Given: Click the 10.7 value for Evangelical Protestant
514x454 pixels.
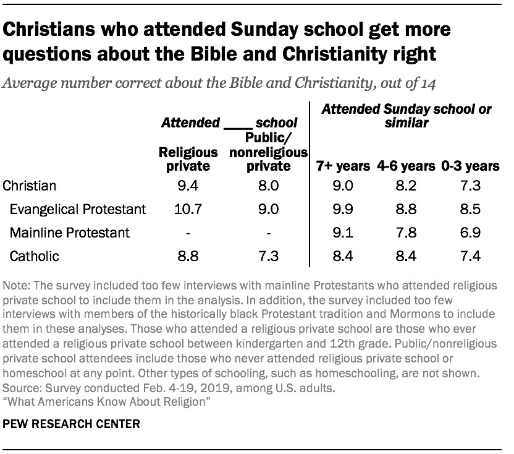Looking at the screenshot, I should coord(188,209).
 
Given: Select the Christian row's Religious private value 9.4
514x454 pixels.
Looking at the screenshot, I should coord(188,186).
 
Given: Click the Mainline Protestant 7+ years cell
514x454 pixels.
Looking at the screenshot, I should coord(343,233).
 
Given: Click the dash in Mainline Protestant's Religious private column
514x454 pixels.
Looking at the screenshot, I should coord(188,233).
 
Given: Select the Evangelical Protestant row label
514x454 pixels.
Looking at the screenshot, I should coord(78,209).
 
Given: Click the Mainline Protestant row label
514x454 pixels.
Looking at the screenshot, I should coord(70,233).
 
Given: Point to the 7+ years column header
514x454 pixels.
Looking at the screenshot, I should coord(343,166).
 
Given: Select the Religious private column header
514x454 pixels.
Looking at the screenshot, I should coord(188,159).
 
